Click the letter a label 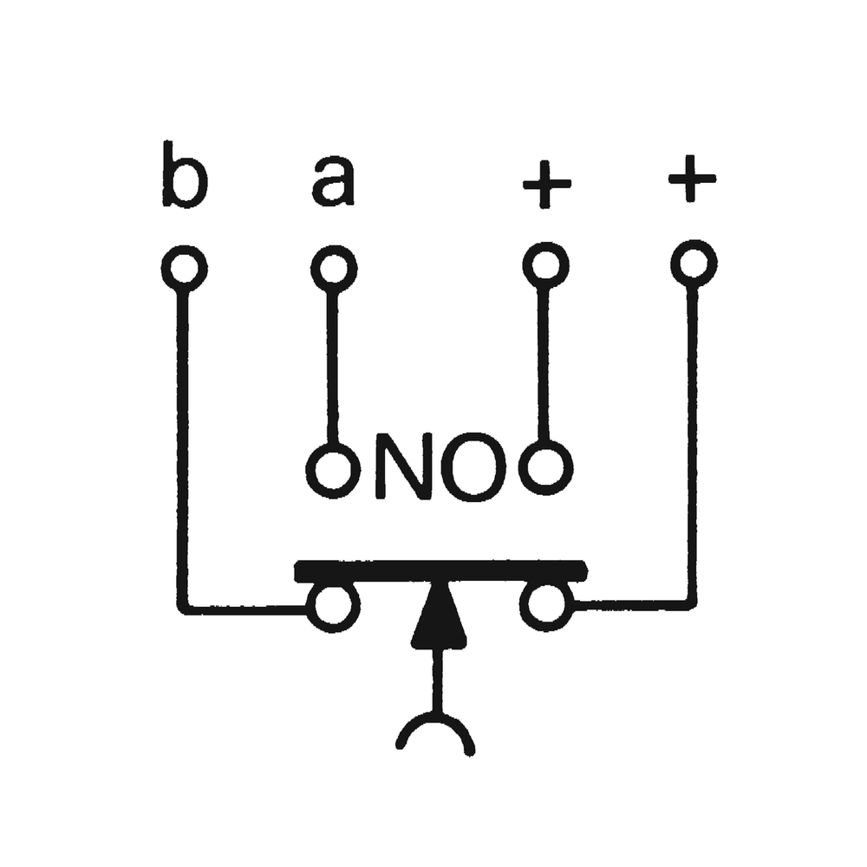pyautogui.click(x=333, y=183)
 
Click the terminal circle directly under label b pyautogui.click(x=184, y=269)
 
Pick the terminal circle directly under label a pyautogui.click(x=334, y=269)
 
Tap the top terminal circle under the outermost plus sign pyautogui.click(x=693, y=263)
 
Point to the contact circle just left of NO pyautogui.click(x=333, y=471)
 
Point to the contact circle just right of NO pyautogui.click(x=545, y=468)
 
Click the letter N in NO pyautogui.click(x=405, y=469)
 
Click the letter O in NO pyautogui.click(x=473, y=469)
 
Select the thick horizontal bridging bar pyautogui.click(x=440, y=571)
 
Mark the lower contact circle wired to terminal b pyautogui.click(x=333, y=607)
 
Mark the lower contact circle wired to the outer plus pyautogui.click(x=546, y=605)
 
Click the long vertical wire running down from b pyautogui.click(x=182, y=442)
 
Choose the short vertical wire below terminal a pyautogui.click(x=332, y=364)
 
